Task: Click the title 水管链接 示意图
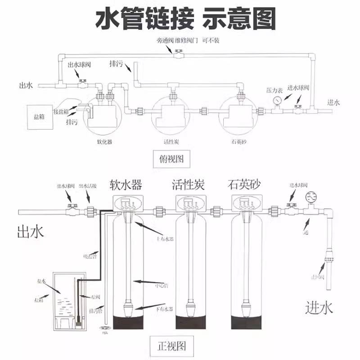[x=185, y=19]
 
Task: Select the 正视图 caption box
[x=171, y=346]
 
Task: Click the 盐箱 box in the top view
[x=39, y=117]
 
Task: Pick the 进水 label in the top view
[x=333, y=102]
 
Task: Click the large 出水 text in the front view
[x=30, y=232]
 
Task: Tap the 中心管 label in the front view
[x=161, y=285]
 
